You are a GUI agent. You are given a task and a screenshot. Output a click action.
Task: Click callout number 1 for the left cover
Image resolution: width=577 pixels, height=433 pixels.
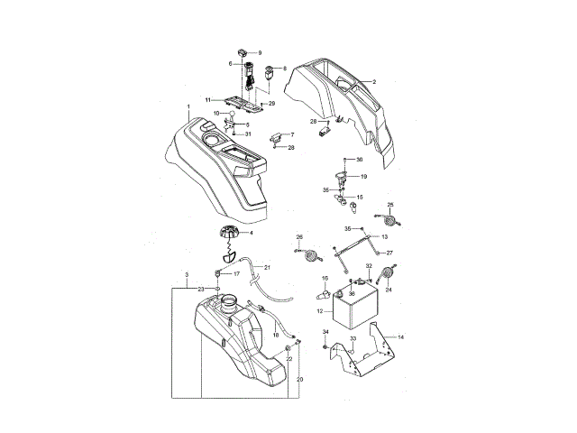[188, 107]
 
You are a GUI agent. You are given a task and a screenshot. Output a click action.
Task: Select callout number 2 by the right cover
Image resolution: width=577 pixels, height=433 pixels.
[373, 81]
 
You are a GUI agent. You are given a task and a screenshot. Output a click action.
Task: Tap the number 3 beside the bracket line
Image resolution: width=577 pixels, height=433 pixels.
[186, 274]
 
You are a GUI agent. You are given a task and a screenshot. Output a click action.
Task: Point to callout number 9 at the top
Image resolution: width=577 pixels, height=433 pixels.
[260, 53]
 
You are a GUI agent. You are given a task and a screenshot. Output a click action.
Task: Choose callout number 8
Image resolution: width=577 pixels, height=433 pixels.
[284, 69]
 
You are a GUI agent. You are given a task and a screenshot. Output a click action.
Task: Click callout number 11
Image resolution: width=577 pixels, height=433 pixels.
[206, 99]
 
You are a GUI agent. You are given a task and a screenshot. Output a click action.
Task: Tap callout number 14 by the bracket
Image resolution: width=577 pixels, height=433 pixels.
[401, 336]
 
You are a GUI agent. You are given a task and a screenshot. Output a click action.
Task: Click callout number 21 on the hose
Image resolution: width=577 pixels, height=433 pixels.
[267, 267]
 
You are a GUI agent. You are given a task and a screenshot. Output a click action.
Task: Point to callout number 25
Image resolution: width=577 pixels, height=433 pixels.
[390, 206]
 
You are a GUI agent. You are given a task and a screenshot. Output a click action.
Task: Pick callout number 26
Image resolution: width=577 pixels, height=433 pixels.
[299, 237]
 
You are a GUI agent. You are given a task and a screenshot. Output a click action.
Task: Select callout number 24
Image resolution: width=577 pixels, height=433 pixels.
[389, 290]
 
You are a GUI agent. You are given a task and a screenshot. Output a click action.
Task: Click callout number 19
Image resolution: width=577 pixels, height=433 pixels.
[363, 177]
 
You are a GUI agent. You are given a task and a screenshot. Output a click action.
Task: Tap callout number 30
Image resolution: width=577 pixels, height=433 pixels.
[359, 160]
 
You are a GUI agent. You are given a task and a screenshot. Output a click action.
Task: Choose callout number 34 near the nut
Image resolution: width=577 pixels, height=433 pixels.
[326, 333]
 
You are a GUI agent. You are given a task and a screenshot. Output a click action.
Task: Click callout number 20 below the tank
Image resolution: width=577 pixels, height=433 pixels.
[299, 380]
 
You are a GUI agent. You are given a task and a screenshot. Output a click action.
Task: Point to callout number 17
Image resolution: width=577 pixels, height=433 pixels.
[237, 273]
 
